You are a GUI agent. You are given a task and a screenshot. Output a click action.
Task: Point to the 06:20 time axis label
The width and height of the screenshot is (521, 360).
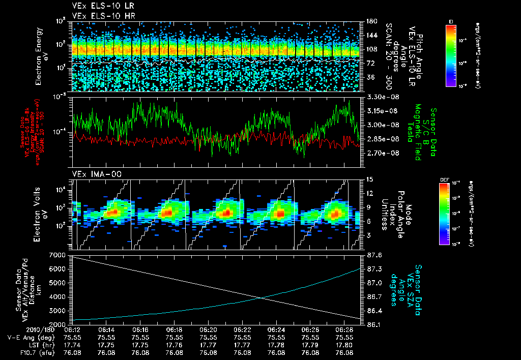tap(208, 329)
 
